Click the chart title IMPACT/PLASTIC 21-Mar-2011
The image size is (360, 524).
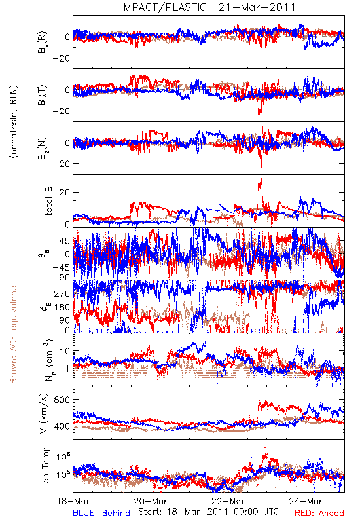pyautogui.click(x=208, y=7)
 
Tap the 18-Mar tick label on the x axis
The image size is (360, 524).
pyautogui.click(x=73, y=501)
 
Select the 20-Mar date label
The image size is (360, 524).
pyautogui.click(x=151, y=501)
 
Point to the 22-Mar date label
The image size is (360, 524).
pyautogui.click(x=228, y=501)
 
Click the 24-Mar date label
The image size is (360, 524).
pyautogui.click(x=306, y=501)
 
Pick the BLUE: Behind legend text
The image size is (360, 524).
pyautogui.click(x=101, y=513)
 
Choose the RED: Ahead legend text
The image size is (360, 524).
pyautogui.click(x=319, y=513)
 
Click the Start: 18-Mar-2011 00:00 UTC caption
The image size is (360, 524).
pyautogui.click(x=208, y=512)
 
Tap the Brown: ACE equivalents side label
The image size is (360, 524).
pyautogui.click(x=13, y=333)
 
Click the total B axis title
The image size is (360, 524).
pyautogui.click(x=48, y=201)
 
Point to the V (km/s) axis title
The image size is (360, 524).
pyautogui.click(x=43, y=413)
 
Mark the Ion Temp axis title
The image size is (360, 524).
pyautogui.click(x=45, y=466)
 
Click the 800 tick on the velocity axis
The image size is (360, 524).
pyautogui.click(x=62, y=400)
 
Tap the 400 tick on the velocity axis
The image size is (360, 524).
pyautogui.click(x=62, y=426)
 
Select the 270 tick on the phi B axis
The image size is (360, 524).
pyautogui.click(x=62, y=293)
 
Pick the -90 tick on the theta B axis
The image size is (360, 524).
pyautogui.click(x=61, y=277)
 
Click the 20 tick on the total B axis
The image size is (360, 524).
pyautogui.click(x=65, y=193)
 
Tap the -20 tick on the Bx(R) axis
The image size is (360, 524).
pyautogui.click(x=61, y=58)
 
